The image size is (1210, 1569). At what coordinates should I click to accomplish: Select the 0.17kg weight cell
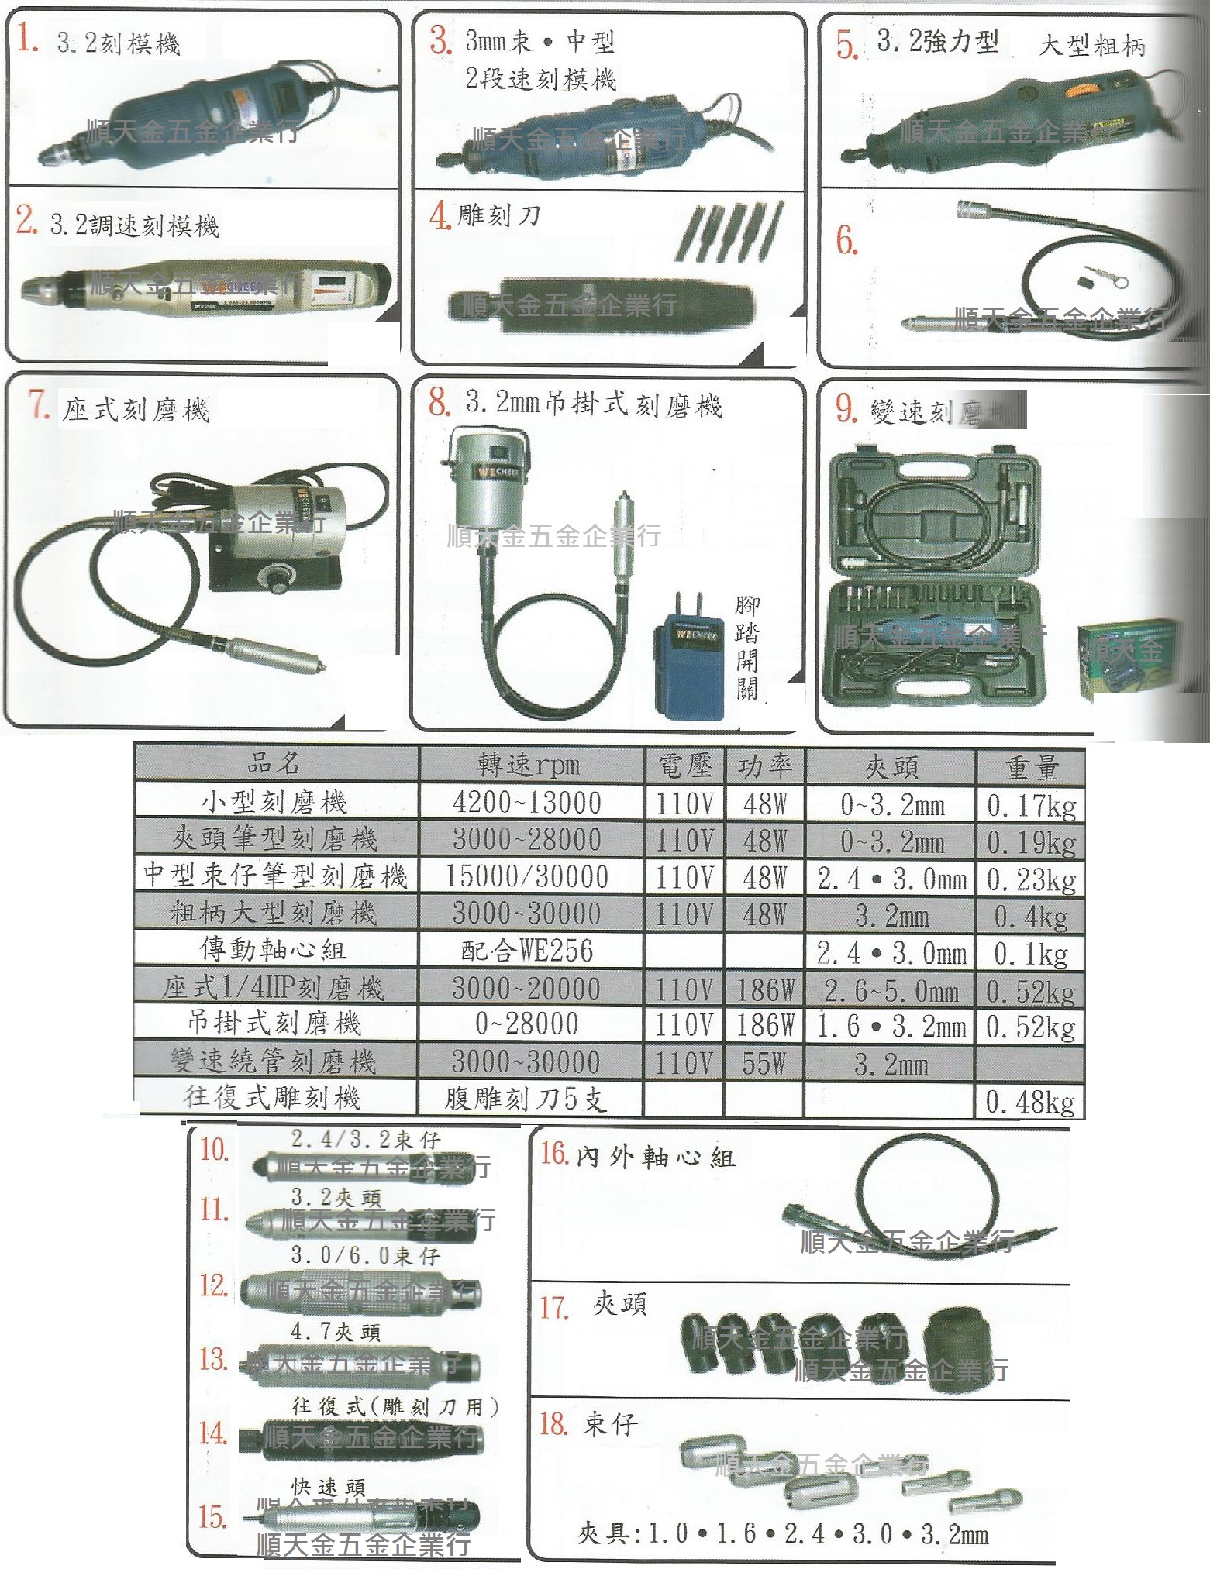(1030, 805)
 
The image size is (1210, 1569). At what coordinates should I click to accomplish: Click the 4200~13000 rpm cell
(526, 803)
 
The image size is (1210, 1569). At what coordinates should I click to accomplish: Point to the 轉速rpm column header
(528, 765)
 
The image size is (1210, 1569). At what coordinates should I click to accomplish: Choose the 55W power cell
(764, 1063)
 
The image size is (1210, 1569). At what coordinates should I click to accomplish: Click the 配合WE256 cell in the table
(526, 951)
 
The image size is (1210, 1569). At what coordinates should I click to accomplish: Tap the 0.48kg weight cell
(1030, 1102)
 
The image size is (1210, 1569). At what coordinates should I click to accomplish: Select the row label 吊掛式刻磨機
(274, 1024)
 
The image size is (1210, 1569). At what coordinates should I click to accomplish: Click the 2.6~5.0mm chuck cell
(891, 990)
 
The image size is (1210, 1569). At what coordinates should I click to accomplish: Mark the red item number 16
(555, 1154)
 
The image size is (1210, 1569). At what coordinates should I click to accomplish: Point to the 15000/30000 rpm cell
(526, 876)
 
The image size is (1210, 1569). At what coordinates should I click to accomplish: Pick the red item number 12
(213, 1285)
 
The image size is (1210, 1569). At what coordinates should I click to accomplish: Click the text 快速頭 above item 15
(327, 1486)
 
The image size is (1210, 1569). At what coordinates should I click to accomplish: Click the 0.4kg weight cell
(1030, 917)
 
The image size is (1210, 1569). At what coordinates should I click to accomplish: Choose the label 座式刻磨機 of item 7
(136, 409)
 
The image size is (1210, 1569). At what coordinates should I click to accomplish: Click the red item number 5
(846, 45)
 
